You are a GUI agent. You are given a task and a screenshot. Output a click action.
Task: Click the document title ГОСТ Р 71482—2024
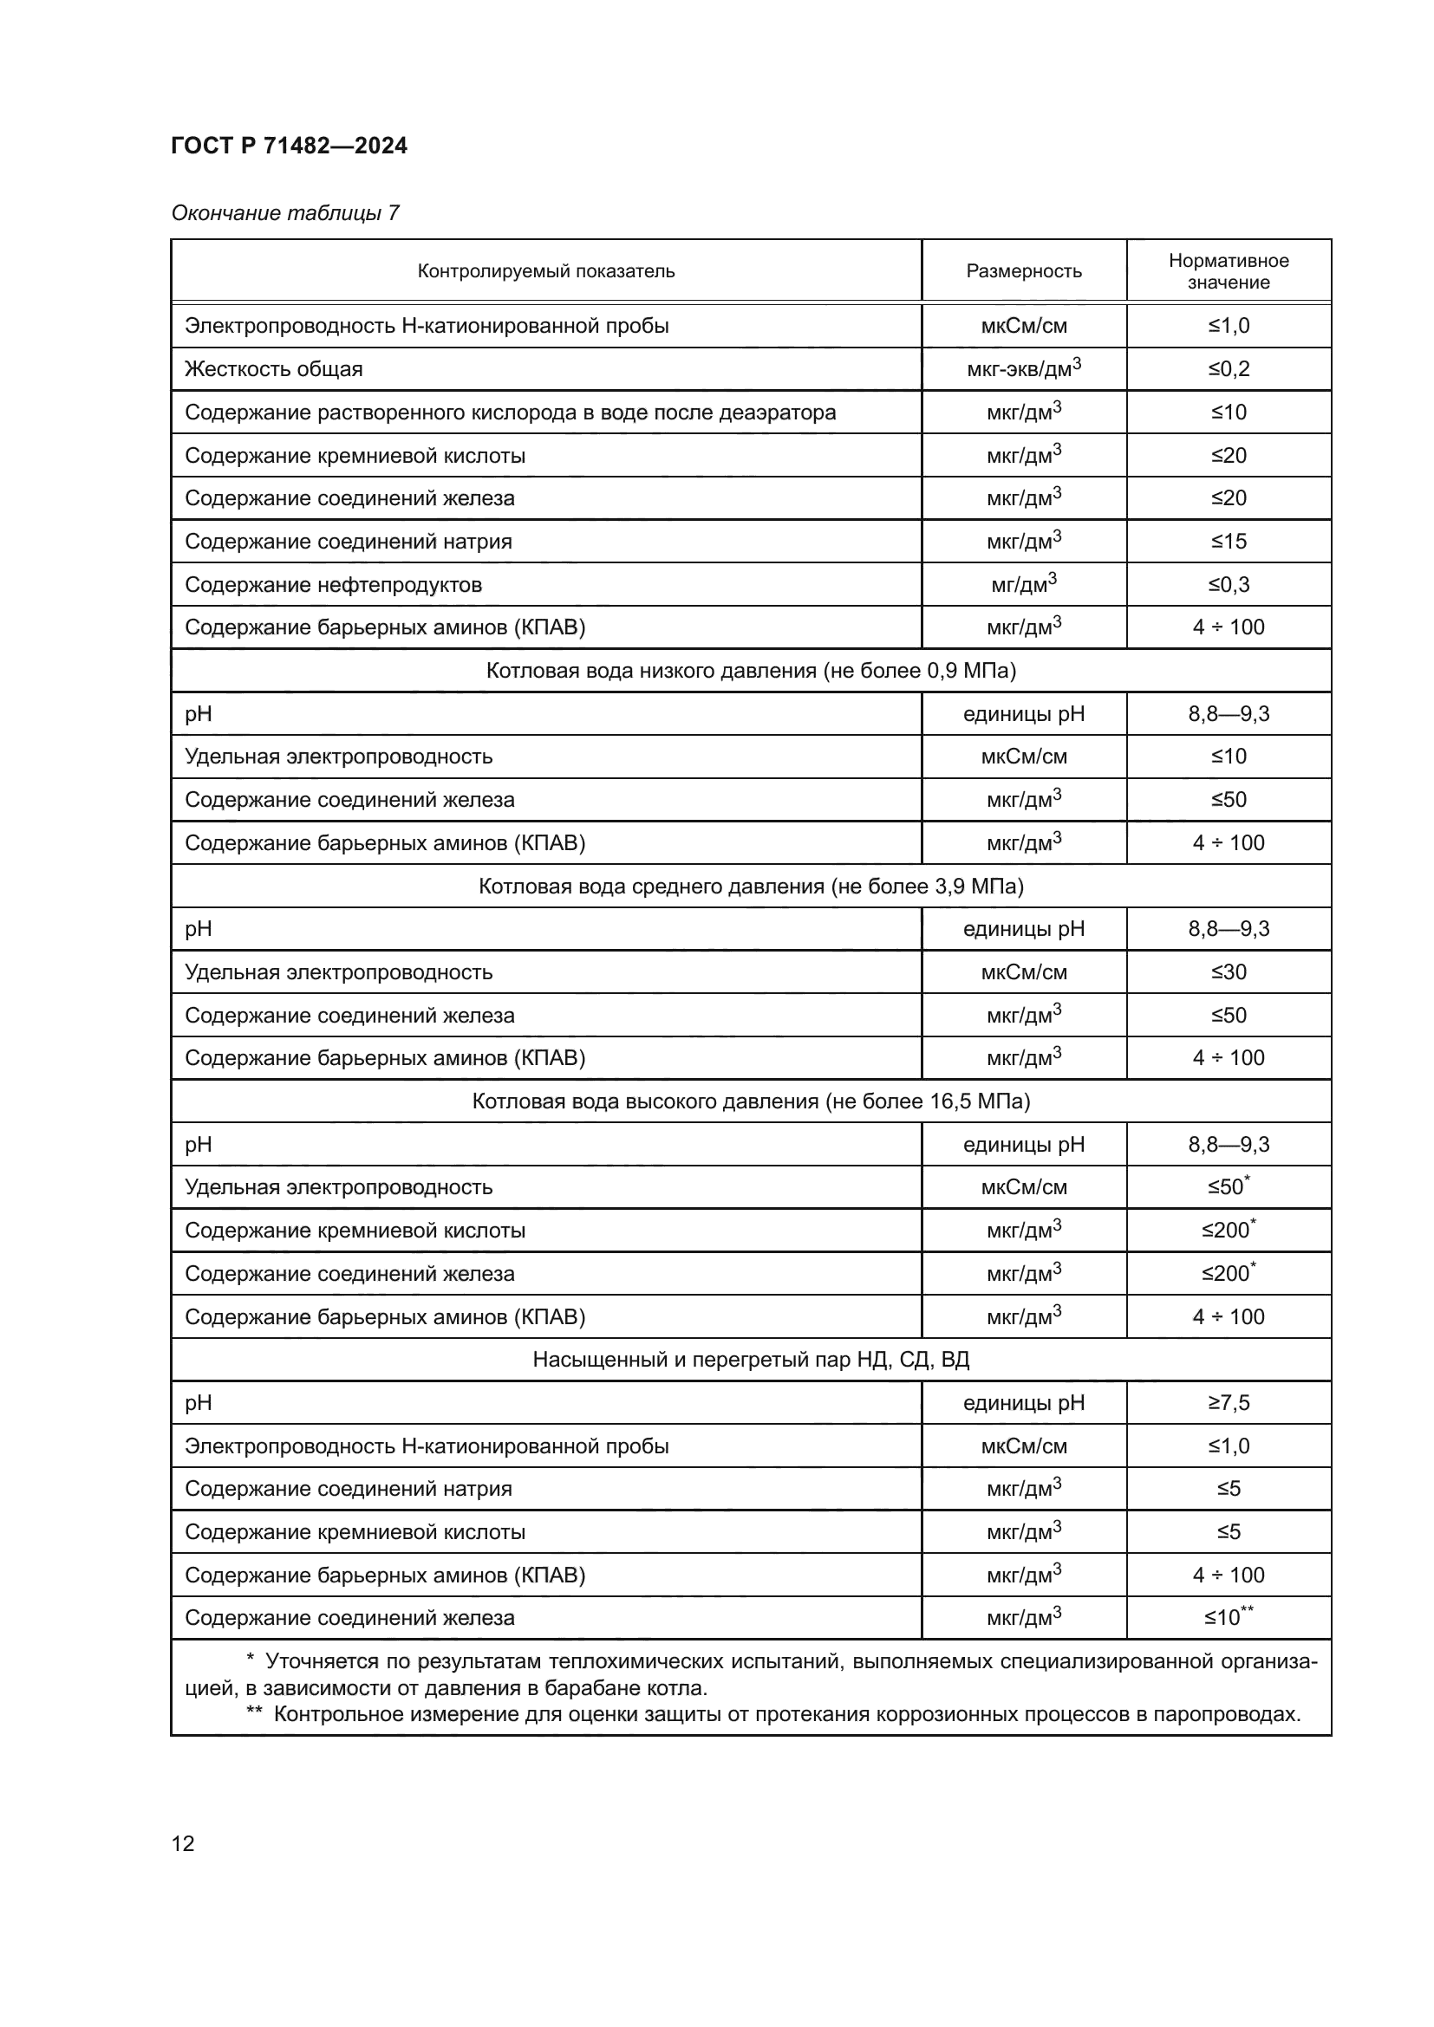click(x=289, y=146)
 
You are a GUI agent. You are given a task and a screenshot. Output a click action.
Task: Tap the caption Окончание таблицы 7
click(x=285, y=213)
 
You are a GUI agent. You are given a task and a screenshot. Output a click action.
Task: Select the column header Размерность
click(x=1023, y=271)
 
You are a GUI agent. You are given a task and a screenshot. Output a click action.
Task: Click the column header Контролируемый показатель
click(x=545, y=271)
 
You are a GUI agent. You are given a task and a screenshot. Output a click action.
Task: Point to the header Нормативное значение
click(x=1229, y=271)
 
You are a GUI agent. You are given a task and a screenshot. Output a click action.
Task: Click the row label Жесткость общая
click(x=274, y=369)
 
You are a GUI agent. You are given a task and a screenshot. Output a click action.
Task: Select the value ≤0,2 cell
click(x=1229, y=369)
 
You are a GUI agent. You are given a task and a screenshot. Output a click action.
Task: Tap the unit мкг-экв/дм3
click(x=1023, y=369)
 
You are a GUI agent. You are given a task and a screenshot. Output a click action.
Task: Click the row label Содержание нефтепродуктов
click(x=333, y=584)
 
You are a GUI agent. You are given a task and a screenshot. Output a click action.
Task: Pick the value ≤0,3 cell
click(x=1229, y=584)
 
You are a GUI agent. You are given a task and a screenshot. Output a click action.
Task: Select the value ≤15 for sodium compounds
click(x=1229, y=541)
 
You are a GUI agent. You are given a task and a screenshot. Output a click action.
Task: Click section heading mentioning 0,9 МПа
click(x=751, y=671)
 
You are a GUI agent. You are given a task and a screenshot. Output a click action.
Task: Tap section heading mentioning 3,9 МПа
click(x=751, y=887)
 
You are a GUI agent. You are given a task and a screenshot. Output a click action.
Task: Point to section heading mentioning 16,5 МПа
click(x=751, y=1101)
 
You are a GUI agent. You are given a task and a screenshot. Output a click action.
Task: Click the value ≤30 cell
click(x=1229, y=972)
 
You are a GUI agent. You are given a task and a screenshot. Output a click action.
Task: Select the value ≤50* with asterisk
click(x=1229, y=1187)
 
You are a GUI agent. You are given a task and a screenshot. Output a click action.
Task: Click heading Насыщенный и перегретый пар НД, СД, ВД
click(x=751, y=1360)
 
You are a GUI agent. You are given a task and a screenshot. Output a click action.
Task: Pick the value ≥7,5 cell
click(x=1229, y=1403)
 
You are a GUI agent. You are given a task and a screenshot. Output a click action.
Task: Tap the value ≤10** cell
click(x=1229, y=1618)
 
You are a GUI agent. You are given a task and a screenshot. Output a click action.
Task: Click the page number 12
click(x=183, y=1843)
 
